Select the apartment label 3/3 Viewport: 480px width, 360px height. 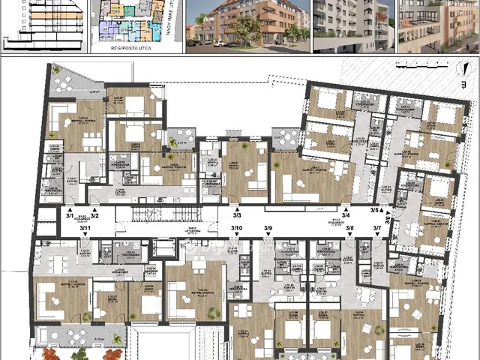237,215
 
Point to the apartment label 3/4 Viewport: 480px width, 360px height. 346,215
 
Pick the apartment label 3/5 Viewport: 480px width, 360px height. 375,211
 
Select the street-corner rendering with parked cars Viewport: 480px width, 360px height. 247,24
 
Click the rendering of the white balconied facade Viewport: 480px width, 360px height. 352,25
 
